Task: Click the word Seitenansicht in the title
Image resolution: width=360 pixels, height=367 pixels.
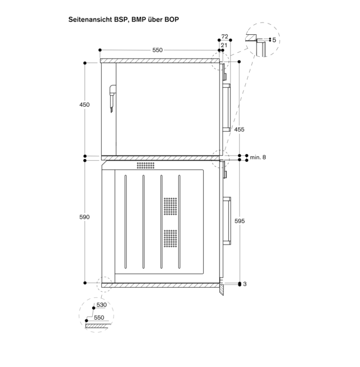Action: click(x=90, y=20)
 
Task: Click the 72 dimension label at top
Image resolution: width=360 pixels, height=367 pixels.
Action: click(x=224, y=37)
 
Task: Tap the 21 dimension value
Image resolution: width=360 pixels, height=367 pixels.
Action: click(x=224, y=45)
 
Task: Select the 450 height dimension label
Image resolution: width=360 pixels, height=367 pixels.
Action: click(x=84, y=105)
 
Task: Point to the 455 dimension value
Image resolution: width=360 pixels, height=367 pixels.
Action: click(x=239, y=129)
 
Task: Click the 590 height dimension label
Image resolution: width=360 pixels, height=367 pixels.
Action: click(x=84, y=217)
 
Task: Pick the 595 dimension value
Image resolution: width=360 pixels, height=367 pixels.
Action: click(x=240, y=221)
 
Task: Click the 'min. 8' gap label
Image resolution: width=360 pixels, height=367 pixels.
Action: click(x=258, y=157)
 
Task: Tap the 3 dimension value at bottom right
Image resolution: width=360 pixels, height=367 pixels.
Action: click(x=245, y=284)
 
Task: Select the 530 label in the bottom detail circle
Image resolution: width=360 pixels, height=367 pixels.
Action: click(x=101, y=305)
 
